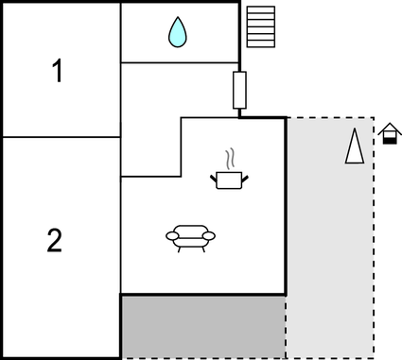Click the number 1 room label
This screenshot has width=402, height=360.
[x=58, y=71]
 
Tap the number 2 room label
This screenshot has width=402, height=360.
[x=55, y=241]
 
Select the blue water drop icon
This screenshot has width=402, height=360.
[x=177, y=33]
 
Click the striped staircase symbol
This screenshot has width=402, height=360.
[x=260, y=26]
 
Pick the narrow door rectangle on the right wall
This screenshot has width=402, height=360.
[x=239, y=91]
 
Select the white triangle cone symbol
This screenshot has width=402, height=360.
[x=355, y=146]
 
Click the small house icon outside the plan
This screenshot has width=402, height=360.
[x=389, y=134]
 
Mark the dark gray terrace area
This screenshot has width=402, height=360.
[x=202, y=326]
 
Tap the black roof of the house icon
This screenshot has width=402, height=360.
[x=389, y=129]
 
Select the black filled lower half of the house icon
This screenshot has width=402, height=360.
[x=389, y=140]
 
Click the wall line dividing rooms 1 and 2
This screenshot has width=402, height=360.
[x=61, y=137]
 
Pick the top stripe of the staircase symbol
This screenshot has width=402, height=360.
[x=260, y=9]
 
